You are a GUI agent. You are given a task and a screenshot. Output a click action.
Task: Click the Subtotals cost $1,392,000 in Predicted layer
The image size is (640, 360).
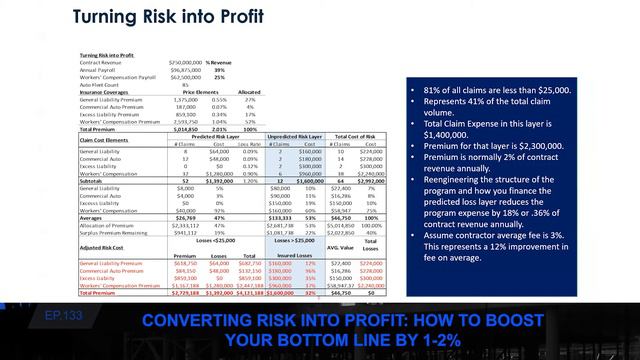(x=214, y=179)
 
